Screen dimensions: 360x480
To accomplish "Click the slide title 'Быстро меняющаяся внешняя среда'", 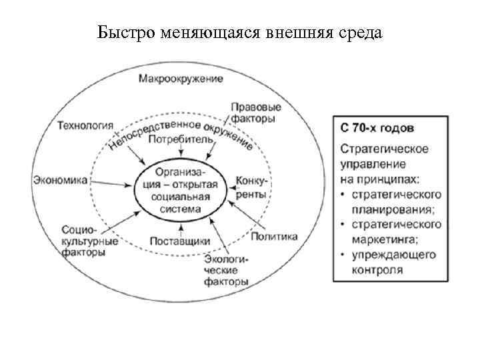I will coord(240,33).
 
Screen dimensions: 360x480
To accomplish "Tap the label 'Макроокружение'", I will coord(181,79).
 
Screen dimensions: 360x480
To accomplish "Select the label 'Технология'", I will coord(85,125).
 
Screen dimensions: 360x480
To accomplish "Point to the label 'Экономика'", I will coord(60,179).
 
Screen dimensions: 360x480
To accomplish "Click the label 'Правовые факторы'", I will coord(255,112).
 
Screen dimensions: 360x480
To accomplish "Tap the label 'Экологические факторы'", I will coord(227,271).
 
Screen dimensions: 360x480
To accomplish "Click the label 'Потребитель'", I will coord(181,140).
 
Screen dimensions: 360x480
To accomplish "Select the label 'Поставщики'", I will coord(180,241).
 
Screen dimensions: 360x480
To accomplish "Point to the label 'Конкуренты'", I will coord(251,187).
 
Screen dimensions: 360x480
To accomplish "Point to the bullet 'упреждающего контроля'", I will coord(393,263).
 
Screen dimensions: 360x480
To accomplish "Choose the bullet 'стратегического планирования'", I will coord(393,201).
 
